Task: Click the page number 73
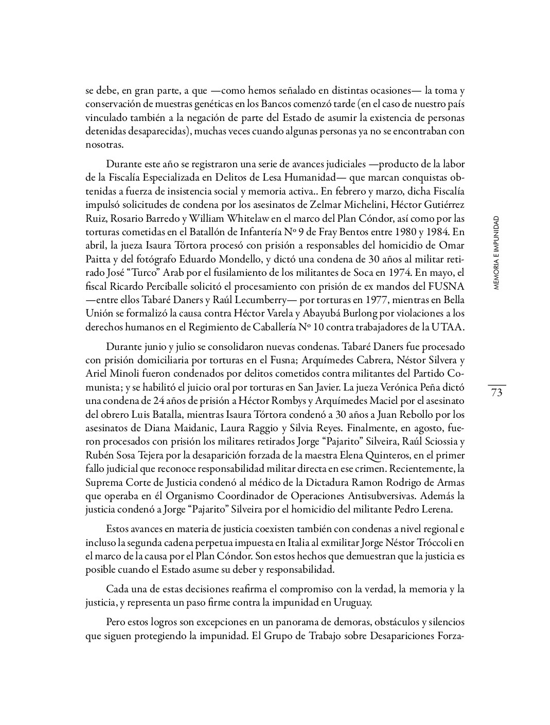(x=496, y=393)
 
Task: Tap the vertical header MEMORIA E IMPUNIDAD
(x=496, y=253)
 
